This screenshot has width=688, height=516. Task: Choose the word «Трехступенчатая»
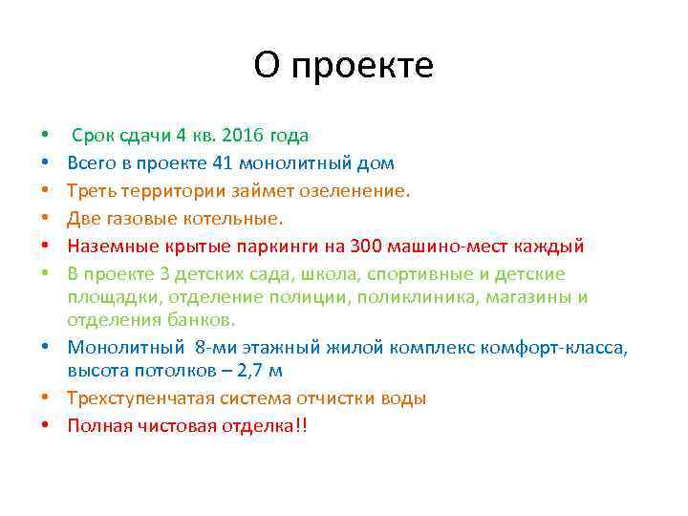coord(142,398)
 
